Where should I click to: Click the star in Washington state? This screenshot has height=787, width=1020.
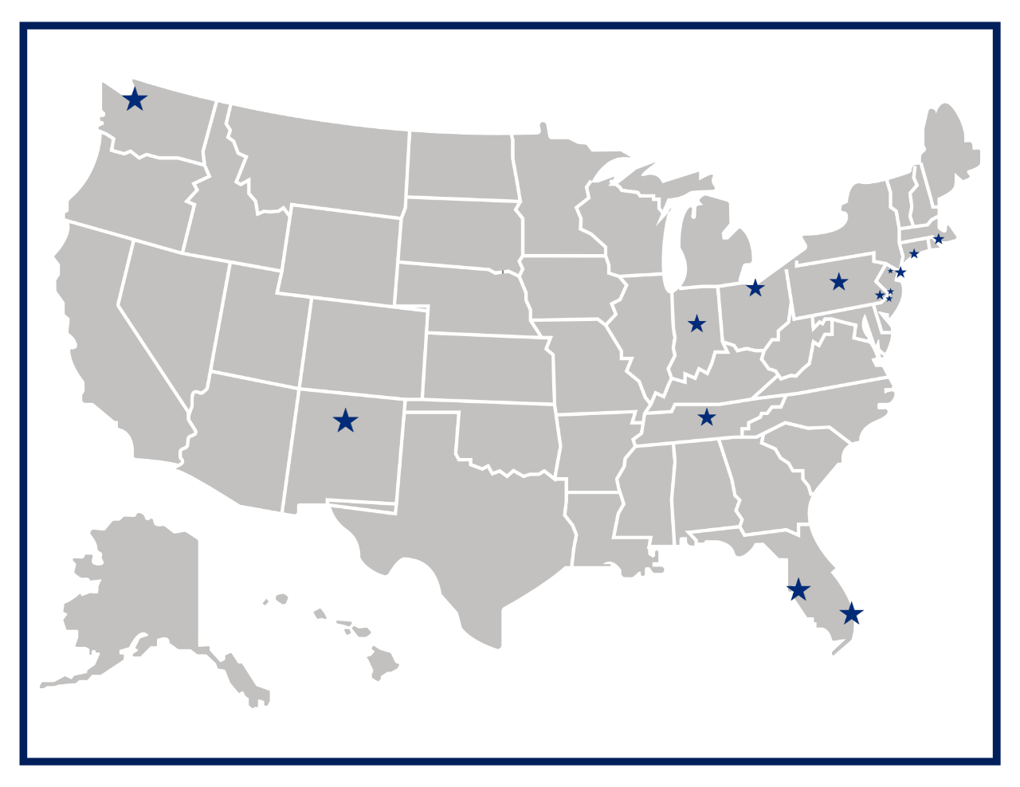(135, 100)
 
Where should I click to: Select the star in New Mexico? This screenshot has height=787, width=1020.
(345, 421)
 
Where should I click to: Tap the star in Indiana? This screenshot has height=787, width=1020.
(697, 323)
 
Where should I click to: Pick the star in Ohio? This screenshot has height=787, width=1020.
(755, 288)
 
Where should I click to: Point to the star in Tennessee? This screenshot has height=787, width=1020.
(707, 417)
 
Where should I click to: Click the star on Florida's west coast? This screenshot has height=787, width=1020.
(798, 589)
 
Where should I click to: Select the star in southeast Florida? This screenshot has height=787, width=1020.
(852, 613)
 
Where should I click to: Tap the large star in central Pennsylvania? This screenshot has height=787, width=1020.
(838, 282)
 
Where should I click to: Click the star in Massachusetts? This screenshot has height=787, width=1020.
(939, 239)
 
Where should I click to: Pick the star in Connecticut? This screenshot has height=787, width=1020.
(914, 254)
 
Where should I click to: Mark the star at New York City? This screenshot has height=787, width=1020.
(900, 272)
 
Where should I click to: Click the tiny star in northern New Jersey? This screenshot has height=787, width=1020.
(890, 272)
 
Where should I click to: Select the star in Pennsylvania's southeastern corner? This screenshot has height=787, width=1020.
(880, 296)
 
